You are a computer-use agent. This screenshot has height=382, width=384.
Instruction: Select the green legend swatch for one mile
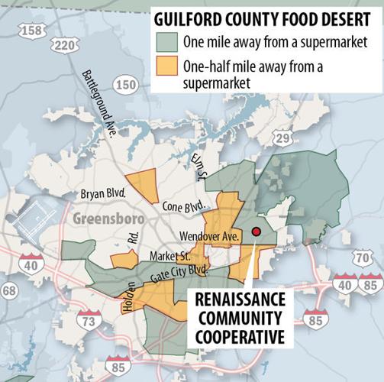point(164,41)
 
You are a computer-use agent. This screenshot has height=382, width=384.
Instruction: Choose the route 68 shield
point(8,290)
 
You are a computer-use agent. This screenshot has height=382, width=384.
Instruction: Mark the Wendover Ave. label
point(209,235)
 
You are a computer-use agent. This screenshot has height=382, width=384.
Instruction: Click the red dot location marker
point(257,231)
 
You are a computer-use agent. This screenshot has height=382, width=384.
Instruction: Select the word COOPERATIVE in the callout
point(242,335)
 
